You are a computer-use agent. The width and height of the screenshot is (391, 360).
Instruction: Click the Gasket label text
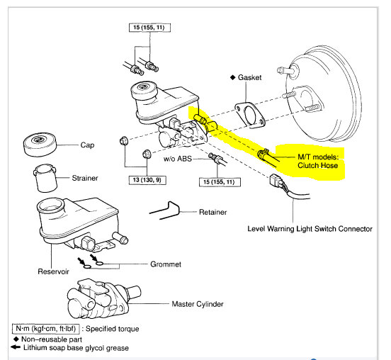click(x=249, y=77)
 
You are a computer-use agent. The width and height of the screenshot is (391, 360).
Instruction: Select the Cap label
click(x=87, y=145)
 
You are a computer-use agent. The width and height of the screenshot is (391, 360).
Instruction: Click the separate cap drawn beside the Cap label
click(x=40, y=145)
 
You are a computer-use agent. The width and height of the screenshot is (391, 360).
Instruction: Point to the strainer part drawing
click(x=45, y=178)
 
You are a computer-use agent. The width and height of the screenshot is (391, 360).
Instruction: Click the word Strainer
click(x=85, y=178)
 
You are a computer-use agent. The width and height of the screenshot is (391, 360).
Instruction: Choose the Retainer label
click(x=212, y=212)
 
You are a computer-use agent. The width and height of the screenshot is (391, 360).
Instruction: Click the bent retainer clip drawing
click(x=165, y=210)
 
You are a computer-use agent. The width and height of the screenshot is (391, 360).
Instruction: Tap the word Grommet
click(x=166, y=264)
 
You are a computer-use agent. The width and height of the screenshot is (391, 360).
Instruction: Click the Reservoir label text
click(x=53, y=271)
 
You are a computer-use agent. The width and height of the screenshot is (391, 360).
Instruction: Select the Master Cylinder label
click(x=198, y=304)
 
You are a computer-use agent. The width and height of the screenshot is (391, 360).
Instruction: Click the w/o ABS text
click(x=178, y=159)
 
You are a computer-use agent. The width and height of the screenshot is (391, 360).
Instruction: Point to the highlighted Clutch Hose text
click(x=317, y=165)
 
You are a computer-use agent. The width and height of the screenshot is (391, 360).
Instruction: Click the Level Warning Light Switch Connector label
click(x=310, y=229)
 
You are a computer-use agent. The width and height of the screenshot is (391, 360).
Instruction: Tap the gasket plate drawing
click(x=250, y=115)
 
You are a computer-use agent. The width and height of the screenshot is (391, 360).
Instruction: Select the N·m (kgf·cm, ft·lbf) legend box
click(x=45, y=329)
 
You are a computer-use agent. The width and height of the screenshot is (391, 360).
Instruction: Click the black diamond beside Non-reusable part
click(x=16, y=339)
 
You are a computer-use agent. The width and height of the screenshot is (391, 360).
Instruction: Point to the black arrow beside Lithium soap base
click(x=16, y=347)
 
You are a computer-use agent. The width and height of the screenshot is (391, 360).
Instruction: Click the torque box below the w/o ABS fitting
click(x=220, y=182)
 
